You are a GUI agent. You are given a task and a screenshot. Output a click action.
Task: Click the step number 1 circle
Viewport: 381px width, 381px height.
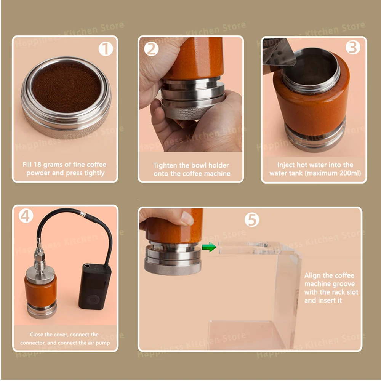coord(106,49)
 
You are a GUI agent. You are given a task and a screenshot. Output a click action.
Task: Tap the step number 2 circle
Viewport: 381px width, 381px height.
coord(151,49)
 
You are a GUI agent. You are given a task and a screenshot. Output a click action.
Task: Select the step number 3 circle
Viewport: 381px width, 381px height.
coord(353,47)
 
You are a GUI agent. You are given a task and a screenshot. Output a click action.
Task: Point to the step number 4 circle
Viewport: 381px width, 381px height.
coord(26,216)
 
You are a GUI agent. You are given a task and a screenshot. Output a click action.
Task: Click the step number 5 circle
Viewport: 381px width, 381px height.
coord(251,219)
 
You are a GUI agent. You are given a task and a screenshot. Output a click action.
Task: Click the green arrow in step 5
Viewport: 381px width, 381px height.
coord(209,247)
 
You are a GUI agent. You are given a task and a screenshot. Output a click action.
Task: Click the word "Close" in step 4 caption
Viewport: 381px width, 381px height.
coord(37,335)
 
